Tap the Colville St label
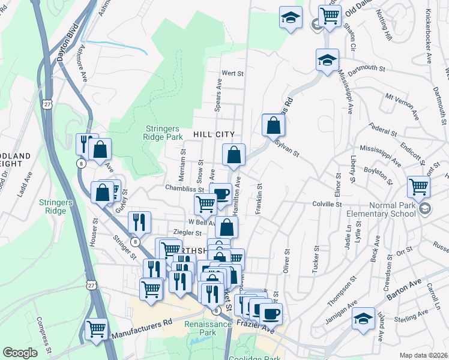click(x=327, y=204)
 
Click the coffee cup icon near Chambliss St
click(x=221, y=193)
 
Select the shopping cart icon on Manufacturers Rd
click(x=96, y=328)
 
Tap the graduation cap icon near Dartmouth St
click(x=327, y=60)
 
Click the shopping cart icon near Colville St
click(x=418, y=187)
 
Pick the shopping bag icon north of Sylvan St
click(x=273, y=125)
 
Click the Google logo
click(x=20, y=353)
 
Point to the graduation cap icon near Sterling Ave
click(x=363, y=319)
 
